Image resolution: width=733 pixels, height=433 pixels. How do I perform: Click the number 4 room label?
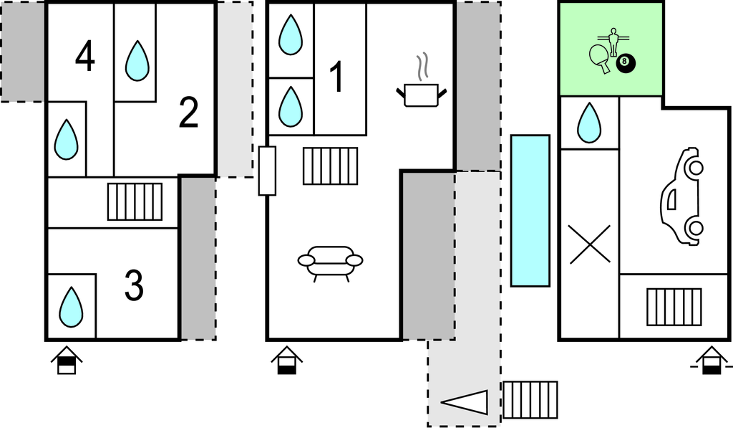pyautogui.click(x=84, y=57)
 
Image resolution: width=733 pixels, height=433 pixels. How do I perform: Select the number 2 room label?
pyautogui.click(x=188, y=113)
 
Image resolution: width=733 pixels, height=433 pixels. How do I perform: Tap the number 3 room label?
pyautogui.click(x=134, y=285)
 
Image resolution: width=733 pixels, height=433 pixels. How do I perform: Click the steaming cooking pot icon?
pyautogui.click(x=421, y=89)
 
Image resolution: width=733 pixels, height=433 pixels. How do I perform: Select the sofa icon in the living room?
pyautogui.click(x=330, y=262)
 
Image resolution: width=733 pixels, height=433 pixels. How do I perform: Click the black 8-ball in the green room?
pyautogui.click(x=626, y=64)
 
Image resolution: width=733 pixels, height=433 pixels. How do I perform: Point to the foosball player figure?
pyautogui.click(x=613, y=42)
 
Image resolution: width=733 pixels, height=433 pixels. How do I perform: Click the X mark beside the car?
pyautogui.click(x=589, y=244)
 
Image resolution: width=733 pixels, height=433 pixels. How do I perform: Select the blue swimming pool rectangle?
pyautogui.click(x=530, y=210)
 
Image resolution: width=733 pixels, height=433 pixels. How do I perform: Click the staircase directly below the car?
pyautogui.click(x=674, y=306)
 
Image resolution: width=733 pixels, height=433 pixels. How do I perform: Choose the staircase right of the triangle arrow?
pyautogui.click(x=530, y=399)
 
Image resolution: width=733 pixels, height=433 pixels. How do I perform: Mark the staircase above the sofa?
pyautogui.click(x=330, y=166)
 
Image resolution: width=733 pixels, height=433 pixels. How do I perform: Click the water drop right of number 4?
pyautogui.click(x=137, y=61)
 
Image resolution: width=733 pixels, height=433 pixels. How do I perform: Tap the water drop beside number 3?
pyautogui.click(x=71, y=307)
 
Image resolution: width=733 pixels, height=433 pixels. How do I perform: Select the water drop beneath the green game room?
pyautogui.click(x=589, y=123)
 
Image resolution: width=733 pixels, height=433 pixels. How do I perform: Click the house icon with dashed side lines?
pyautogui.click(x=711, y=360)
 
